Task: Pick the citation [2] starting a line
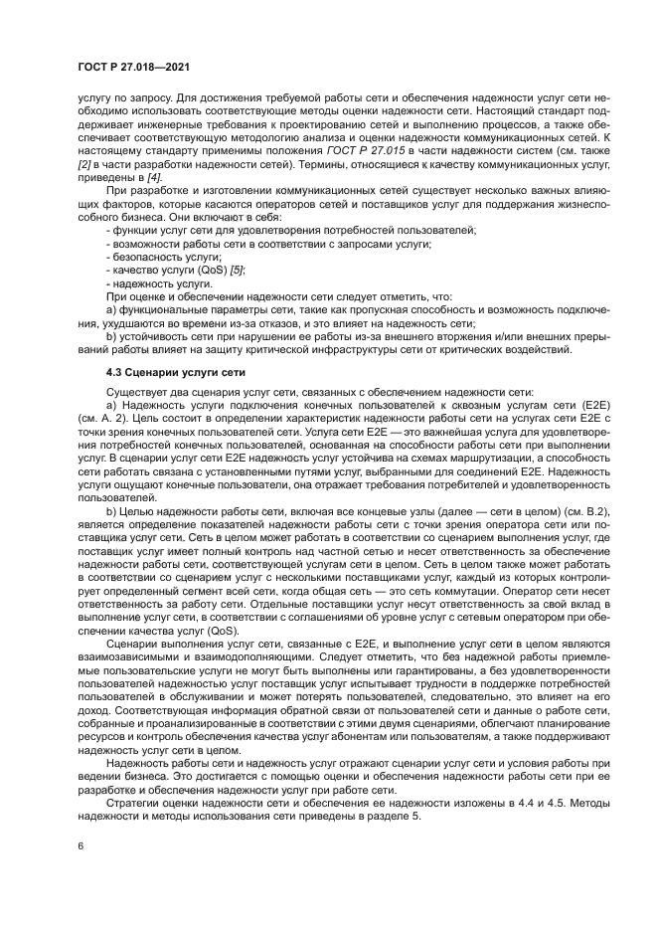coord(83,162)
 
